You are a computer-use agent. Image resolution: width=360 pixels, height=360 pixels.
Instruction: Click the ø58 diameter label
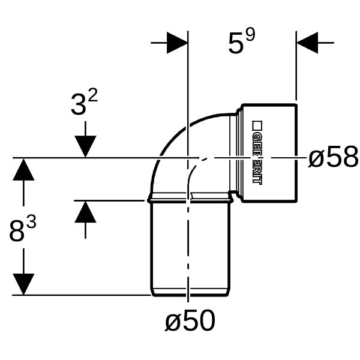pos(333,157)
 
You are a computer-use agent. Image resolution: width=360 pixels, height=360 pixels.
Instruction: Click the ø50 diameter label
pos(190,320)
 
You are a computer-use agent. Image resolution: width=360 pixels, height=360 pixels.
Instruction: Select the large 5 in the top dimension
pos(236,43)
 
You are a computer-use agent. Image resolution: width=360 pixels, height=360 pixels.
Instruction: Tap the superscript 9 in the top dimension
pos(250,35)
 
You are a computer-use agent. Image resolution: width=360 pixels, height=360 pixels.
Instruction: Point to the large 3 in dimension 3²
pos(78,104)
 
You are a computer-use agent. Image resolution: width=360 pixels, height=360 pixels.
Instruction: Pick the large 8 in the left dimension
pos(17,231)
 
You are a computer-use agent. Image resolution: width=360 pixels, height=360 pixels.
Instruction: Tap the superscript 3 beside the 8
pos(31,223)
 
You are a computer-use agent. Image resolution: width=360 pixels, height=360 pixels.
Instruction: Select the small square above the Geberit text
pos(257,125)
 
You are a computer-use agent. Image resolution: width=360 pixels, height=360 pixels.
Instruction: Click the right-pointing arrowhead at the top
pos(177,43)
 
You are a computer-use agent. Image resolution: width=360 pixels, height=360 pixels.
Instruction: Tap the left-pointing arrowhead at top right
pos(307,43)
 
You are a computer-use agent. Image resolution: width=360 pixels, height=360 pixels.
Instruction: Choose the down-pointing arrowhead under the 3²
pos(85,146)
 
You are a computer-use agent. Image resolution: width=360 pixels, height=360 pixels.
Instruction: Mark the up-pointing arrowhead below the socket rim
pos(85,212)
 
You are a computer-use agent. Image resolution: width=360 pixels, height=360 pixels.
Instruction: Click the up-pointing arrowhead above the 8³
pos(23,169)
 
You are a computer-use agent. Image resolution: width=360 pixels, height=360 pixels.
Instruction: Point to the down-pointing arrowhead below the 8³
pos(23,284)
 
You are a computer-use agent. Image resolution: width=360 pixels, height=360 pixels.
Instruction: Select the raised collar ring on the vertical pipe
pos(190,199)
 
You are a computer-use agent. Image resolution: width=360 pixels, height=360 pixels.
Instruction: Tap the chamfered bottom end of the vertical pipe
pos(190,293)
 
